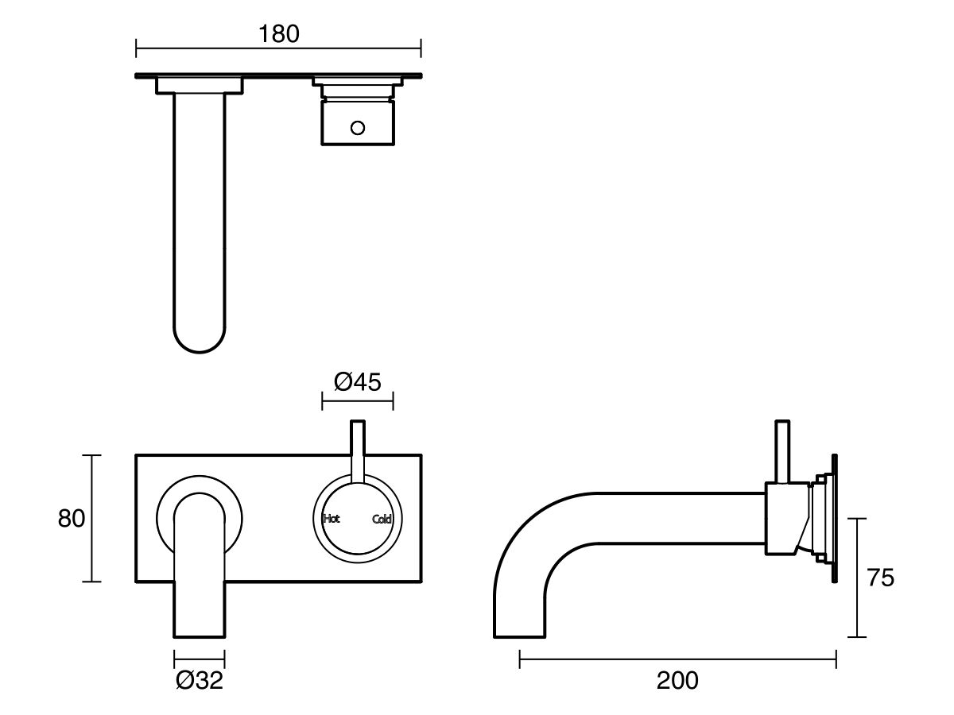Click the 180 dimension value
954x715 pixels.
click(279, 34)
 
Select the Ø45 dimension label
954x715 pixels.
click(358, 382)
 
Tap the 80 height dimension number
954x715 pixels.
click(72, 519)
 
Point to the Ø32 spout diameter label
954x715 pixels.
click(200, 680)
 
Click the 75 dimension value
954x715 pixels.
click(880, 578)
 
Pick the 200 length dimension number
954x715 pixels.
click(677, 680)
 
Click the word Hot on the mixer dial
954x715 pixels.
click(332, 519)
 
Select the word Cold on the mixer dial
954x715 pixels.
click(382, 520)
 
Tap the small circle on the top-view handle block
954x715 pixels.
click(358, 127)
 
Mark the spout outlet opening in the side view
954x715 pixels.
click(519, 636)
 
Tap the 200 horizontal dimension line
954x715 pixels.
click(677, 658)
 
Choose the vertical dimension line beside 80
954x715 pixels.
click(92, 519)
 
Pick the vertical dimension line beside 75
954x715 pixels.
click(856, 578)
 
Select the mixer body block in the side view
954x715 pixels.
click(783, 518)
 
